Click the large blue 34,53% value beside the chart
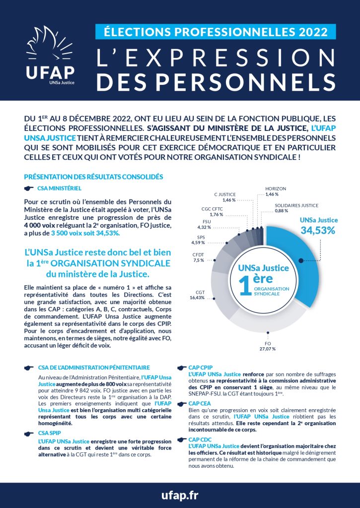tap(318, 230)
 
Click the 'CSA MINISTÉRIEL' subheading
tap(59, 189)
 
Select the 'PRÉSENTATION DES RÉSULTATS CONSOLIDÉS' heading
tap(93, 177)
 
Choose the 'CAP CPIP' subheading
tap(201, 367)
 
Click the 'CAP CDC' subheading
tap(200, 440)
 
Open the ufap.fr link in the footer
tap(180, 496)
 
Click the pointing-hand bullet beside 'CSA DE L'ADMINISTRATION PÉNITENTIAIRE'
tap(29, 368)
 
